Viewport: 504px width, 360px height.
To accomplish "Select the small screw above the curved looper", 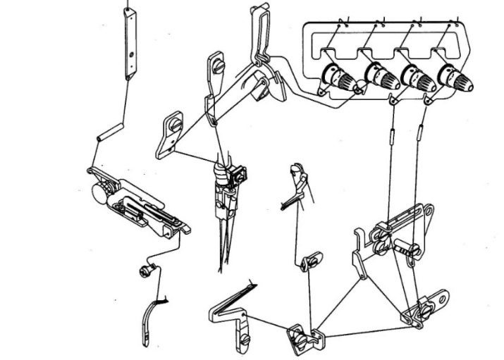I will pos(144,270).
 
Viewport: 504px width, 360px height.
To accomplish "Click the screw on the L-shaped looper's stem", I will pos(244,338).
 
